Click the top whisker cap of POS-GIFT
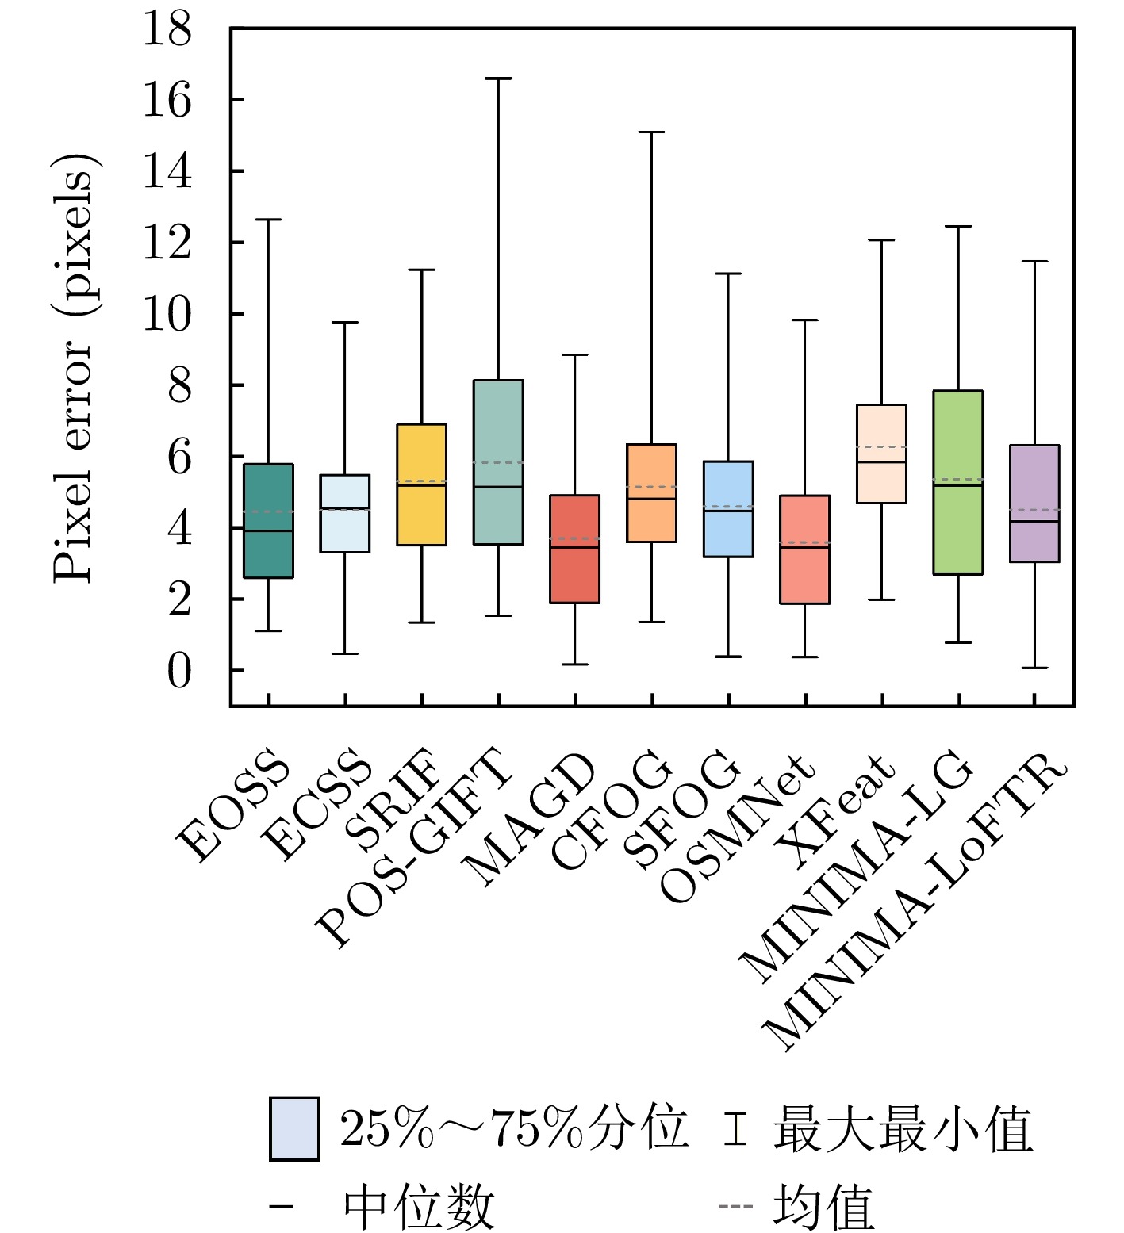[498, 78]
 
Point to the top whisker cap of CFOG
[651, 132]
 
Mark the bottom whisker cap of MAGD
[574, 664]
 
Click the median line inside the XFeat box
[881, 461]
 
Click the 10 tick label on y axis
[167, 315]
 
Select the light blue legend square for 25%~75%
[294, 1128]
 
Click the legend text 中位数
[419, 1206]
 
